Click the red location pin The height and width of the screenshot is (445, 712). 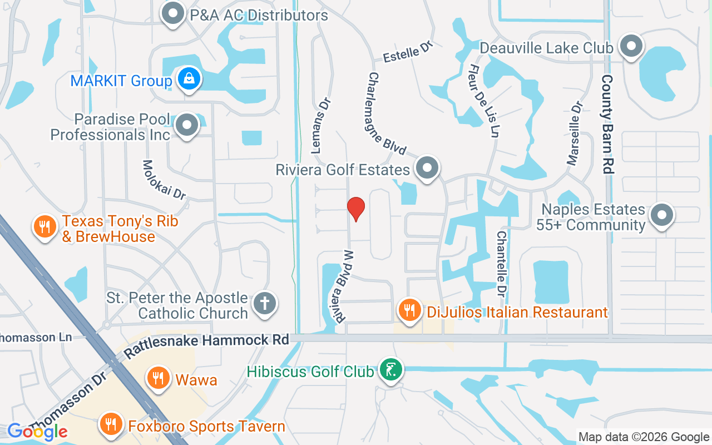click(356, 208)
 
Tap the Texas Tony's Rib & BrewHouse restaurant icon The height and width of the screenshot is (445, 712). click(43, 227)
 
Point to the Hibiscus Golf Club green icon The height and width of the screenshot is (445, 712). click(391, 369)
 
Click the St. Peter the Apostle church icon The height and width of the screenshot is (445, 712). click(265, 304)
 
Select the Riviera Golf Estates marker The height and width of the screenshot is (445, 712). click(427, 168)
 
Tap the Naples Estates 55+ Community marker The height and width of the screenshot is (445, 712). click(662, 215)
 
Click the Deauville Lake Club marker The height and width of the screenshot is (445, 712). click(631, 47)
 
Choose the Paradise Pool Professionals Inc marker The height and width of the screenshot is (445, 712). click(186, 126)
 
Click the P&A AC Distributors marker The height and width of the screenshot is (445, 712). click(173, 14)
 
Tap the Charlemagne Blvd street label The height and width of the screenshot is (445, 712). click(388, 114)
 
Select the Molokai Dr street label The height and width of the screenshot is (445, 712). click(164, 179)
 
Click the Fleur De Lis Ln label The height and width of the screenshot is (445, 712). click(483, 100)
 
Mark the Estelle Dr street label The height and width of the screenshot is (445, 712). click(408, 52)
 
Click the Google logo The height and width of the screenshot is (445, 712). click(37, 432)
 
